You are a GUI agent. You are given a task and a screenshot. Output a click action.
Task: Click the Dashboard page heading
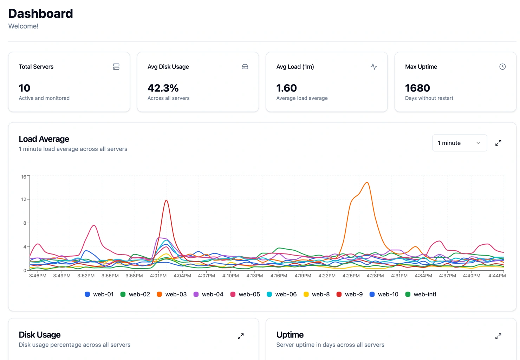[x=40, y=13]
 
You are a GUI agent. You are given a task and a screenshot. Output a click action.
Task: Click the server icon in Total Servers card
[x=116, y=66]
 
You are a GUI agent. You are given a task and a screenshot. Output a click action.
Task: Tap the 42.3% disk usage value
[x=163, y=88]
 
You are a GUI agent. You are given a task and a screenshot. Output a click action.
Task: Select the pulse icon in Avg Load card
[x=373, y=66]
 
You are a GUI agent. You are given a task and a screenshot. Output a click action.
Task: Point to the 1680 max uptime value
[x=417, y=88]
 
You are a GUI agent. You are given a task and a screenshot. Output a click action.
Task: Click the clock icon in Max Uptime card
[x=502, y=66]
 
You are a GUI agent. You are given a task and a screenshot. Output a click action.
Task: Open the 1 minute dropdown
[x=459, y=143]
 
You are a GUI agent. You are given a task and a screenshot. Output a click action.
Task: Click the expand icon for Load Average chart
[x=498, y=143]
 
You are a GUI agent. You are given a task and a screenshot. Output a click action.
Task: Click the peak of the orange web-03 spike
[x=367, y=182]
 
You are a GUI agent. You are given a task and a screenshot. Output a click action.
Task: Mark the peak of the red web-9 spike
[x=166, y=200]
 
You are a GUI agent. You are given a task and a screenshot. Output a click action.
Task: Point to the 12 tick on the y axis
[x=24, y=199]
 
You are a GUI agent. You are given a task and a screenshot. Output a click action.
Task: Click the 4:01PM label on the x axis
[x=158, y=276]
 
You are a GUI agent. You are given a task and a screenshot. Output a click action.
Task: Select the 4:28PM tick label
[x=375, y=276]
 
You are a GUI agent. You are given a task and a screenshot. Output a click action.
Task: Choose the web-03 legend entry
[x=172, y=294]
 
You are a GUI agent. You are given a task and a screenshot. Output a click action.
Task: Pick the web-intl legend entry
[x=421, y=294]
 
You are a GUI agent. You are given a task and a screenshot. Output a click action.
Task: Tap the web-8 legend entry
[x=317, y=294]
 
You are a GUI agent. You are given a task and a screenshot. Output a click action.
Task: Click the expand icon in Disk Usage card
[x=241, y=336]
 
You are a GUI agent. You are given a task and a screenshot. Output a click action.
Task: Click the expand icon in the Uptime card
[x=498, y=336]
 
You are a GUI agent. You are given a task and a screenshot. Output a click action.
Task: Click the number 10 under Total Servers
[x=25, y=88]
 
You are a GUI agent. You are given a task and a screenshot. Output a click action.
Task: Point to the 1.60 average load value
[x=286, y=88]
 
